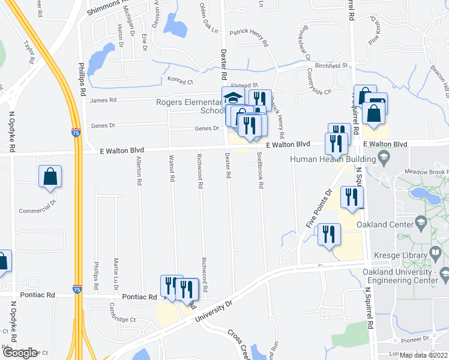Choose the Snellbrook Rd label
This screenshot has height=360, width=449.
261,170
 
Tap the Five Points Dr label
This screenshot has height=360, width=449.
319,208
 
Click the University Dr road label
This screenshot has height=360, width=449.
213,311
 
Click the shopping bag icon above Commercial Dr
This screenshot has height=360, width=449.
50,176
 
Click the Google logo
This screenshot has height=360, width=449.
20,353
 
